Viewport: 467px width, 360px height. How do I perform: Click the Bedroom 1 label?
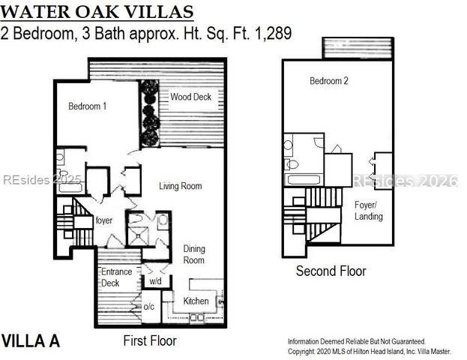pyautogui.click(x=87, y=106)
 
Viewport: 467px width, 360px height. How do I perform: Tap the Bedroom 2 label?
pyautogui.click(x=329, y=81)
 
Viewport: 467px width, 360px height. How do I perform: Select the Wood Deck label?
pyautogui.click(x=190, y=97)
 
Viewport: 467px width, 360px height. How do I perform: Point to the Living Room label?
pyautogui.click(x=180, y=186)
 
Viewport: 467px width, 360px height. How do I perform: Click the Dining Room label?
pyautogui.click(x=194, y=254)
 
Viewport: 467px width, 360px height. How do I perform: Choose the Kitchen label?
pyautogui.click(x=196, y=301)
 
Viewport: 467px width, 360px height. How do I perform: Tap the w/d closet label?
pyautogui.click(x=155, y=281)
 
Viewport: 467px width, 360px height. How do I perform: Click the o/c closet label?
pyautogui.click(x=149, y=306)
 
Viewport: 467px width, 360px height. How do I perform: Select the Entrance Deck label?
pyautogui.click(x=116, y=277)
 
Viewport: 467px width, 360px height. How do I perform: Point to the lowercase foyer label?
pyautogui.click(x=104, y=220)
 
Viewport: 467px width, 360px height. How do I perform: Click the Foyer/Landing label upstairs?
pyautogui.click(x=368, y=211)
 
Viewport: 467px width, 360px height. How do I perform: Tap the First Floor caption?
pyautogui.click(x=150, y=340)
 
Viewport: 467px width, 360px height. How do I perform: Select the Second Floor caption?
pyautogui.click(x=331, y=271)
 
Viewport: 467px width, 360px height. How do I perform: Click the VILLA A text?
pyautogui.click(x=31, y=340)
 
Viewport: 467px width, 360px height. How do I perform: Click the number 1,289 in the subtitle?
pyautogui.click(x=273, y=33)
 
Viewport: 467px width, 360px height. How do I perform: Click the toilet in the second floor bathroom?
pyautogui.click(x=292, y=164)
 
